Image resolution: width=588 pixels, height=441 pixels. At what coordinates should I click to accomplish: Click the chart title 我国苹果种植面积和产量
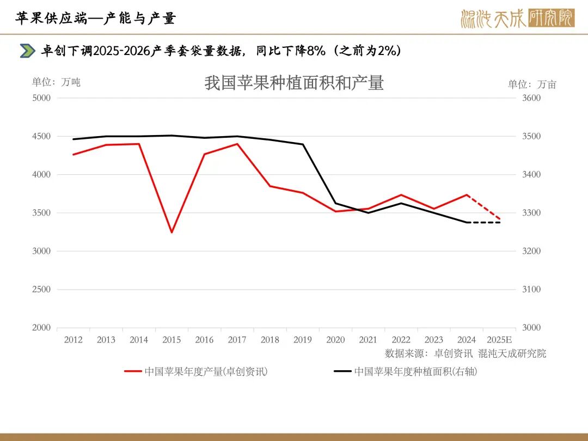(294, 83)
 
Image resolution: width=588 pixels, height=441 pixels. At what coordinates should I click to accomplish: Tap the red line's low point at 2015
(171, 232)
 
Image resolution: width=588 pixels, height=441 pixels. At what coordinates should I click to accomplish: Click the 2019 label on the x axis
(303, 340)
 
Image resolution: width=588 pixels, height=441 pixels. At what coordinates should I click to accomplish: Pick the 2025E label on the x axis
(499, 340)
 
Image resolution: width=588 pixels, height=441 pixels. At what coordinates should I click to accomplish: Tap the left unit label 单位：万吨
(56, 82)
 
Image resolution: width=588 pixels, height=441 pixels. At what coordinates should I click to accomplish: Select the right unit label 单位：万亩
(532, 84)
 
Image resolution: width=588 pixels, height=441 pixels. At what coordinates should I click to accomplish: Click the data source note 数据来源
(465, 353)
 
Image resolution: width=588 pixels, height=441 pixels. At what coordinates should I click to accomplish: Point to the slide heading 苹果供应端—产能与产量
(96, 18)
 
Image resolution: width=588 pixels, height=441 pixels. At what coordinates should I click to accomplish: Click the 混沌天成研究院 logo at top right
(517, 19)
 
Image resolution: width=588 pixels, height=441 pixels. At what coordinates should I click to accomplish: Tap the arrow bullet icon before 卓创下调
(27, 51)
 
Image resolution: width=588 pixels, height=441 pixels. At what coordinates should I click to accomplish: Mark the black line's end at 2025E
(500, 222)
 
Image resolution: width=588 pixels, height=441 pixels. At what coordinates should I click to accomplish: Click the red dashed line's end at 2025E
(500, 219)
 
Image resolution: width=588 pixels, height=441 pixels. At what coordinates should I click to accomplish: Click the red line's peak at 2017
(237, 144)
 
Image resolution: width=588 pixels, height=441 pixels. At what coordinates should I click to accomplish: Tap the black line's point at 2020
(335, 203)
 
